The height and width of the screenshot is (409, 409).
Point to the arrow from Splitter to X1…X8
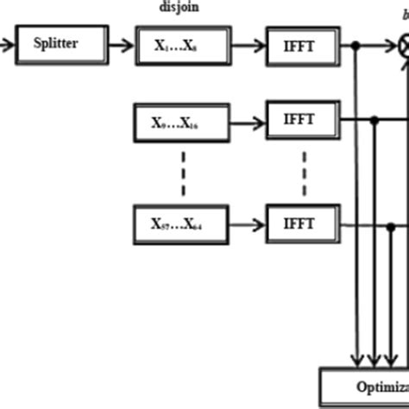122,43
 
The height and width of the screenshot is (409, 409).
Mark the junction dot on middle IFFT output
374,121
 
